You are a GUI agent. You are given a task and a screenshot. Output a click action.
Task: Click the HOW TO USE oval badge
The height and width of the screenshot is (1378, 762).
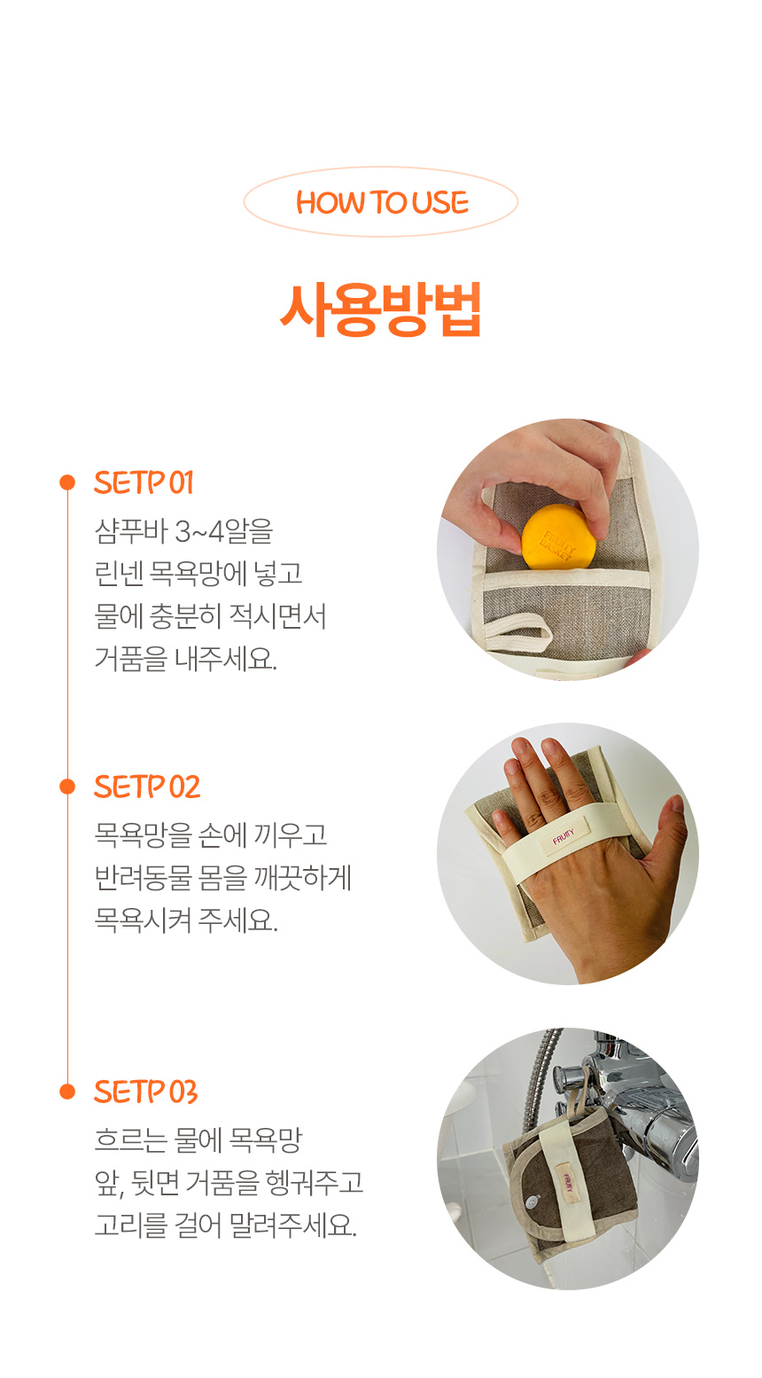pos(381,202)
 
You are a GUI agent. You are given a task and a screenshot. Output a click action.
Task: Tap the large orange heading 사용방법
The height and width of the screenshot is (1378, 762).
pos(381,309)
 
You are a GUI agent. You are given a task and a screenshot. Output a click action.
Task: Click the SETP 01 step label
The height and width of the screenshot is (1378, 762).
pos(144,482)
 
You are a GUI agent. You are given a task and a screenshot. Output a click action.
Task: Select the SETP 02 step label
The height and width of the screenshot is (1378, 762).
pos(147,787)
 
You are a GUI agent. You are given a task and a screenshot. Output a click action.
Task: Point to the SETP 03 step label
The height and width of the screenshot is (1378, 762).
pos(145,1092)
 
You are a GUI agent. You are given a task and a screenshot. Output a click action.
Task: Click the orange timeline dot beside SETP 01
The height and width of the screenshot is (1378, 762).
pos(67,482)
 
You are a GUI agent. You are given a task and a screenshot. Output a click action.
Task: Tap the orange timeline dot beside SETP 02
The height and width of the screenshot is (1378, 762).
pos(67,787)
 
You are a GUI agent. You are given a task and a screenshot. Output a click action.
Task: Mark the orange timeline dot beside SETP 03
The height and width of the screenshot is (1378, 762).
pos(67,1092)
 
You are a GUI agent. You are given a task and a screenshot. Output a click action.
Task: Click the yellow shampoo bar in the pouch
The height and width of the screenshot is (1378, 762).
pos(558,537)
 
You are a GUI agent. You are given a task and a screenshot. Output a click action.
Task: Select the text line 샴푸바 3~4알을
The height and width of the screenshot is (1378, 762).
pos(183,531)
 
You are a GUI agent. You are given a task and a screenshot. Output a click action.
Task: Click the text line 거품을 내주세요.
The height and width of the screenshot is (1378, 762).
pos(185,658)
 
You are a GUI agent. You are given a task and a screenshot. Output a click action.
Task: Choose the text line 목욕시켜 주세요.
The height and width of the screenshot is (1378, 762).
pos(186,920)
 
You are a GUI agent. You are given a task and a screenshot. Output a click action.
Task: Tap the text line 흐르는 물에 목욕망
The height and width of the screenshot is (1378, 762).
pos(198,1140)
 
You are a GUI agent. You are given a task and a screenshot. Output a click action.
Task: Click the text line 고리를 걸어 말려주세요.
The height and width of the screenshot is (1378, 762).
pos(226,1225)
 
